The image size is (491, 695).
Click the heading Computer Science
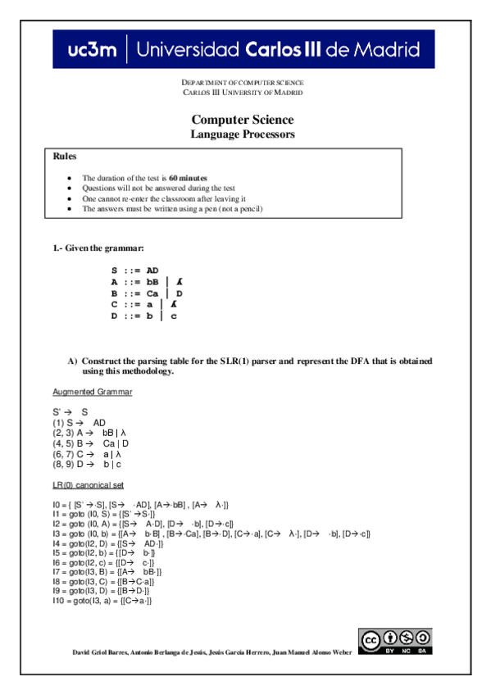(242, 120)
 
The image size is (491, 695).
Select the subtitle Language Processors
(242, 134)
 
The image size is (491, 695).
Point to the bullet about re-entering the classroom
(164, 198)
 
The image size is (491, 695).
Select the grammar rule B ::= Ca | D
(146, 293)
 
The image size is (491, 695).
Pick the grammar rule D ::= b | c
(143, 316)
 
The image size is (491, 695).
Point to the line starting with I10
(102, 602)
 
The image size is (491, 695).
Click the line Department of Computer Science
(242, 83)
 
